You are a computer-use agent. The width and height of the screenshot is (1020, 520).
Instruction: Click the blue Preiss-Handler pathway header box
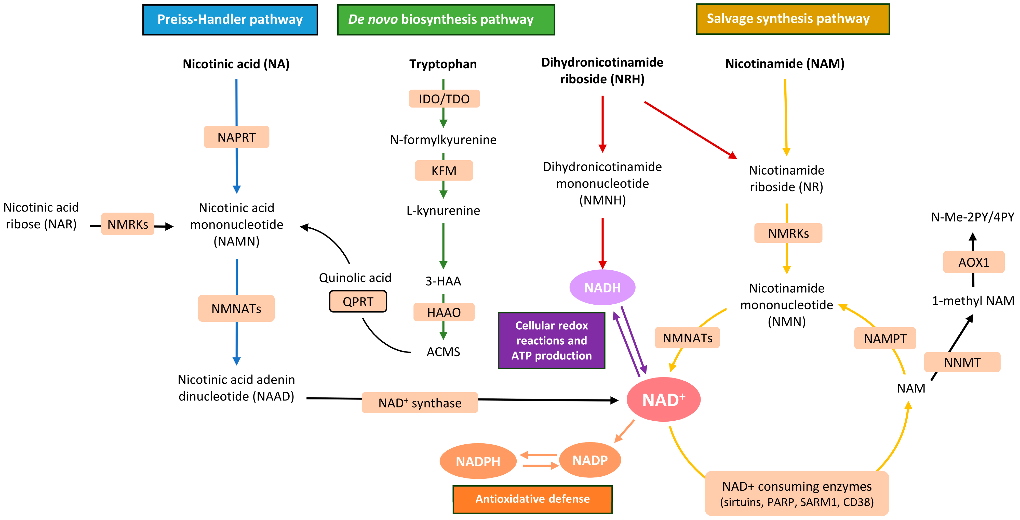[230, 20]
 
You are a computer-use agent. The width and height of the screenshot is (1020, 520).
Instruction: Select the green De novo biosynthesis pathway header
[446, 20]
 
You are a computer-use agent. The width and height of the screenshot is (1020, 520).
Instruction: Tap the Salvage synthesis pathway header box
[793, 19]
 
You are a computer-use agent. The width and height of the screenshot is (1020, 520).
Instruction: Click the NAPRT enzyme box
[236, 137]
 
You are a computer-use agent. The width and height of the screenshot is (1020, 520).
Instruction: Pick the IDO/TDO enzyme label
[444, 99]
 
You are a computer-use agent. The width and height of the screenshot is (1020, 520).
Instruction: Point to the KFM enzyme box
[444, 171]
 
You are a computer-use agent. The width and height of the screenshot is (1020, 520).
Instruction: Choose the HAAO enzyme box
[444, 312]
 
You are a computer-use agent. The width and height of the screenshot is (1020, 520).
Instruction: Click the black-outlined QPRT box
[358, 302]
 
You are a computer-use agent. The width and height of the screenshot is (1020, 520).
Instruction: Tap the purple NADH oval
[602, 287]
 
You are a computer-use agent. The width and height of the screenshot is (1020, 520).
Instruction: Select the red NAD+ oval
[663, 399]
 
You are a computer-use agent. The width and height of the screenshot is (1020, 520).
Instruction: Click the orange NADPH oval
[478, 461]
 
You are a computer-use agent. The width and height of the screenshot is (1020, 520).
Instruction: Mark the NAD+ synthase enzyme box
[420, 403]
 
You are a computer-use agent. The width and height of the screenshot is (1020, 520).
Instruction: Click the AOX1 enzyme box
[974, 262]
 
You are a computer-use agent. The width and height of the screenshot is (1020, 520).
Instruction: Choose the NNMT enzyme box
[962, 362]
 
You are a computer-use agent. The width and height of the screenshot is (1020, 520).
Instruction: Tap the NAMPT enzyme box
[885, 339]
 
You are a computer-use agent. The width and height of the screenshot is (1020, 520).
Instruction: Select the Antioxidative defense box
[533, 499]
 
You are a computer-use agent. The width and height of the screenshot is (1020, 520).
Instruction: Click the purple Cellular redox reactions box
[552, 341]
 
